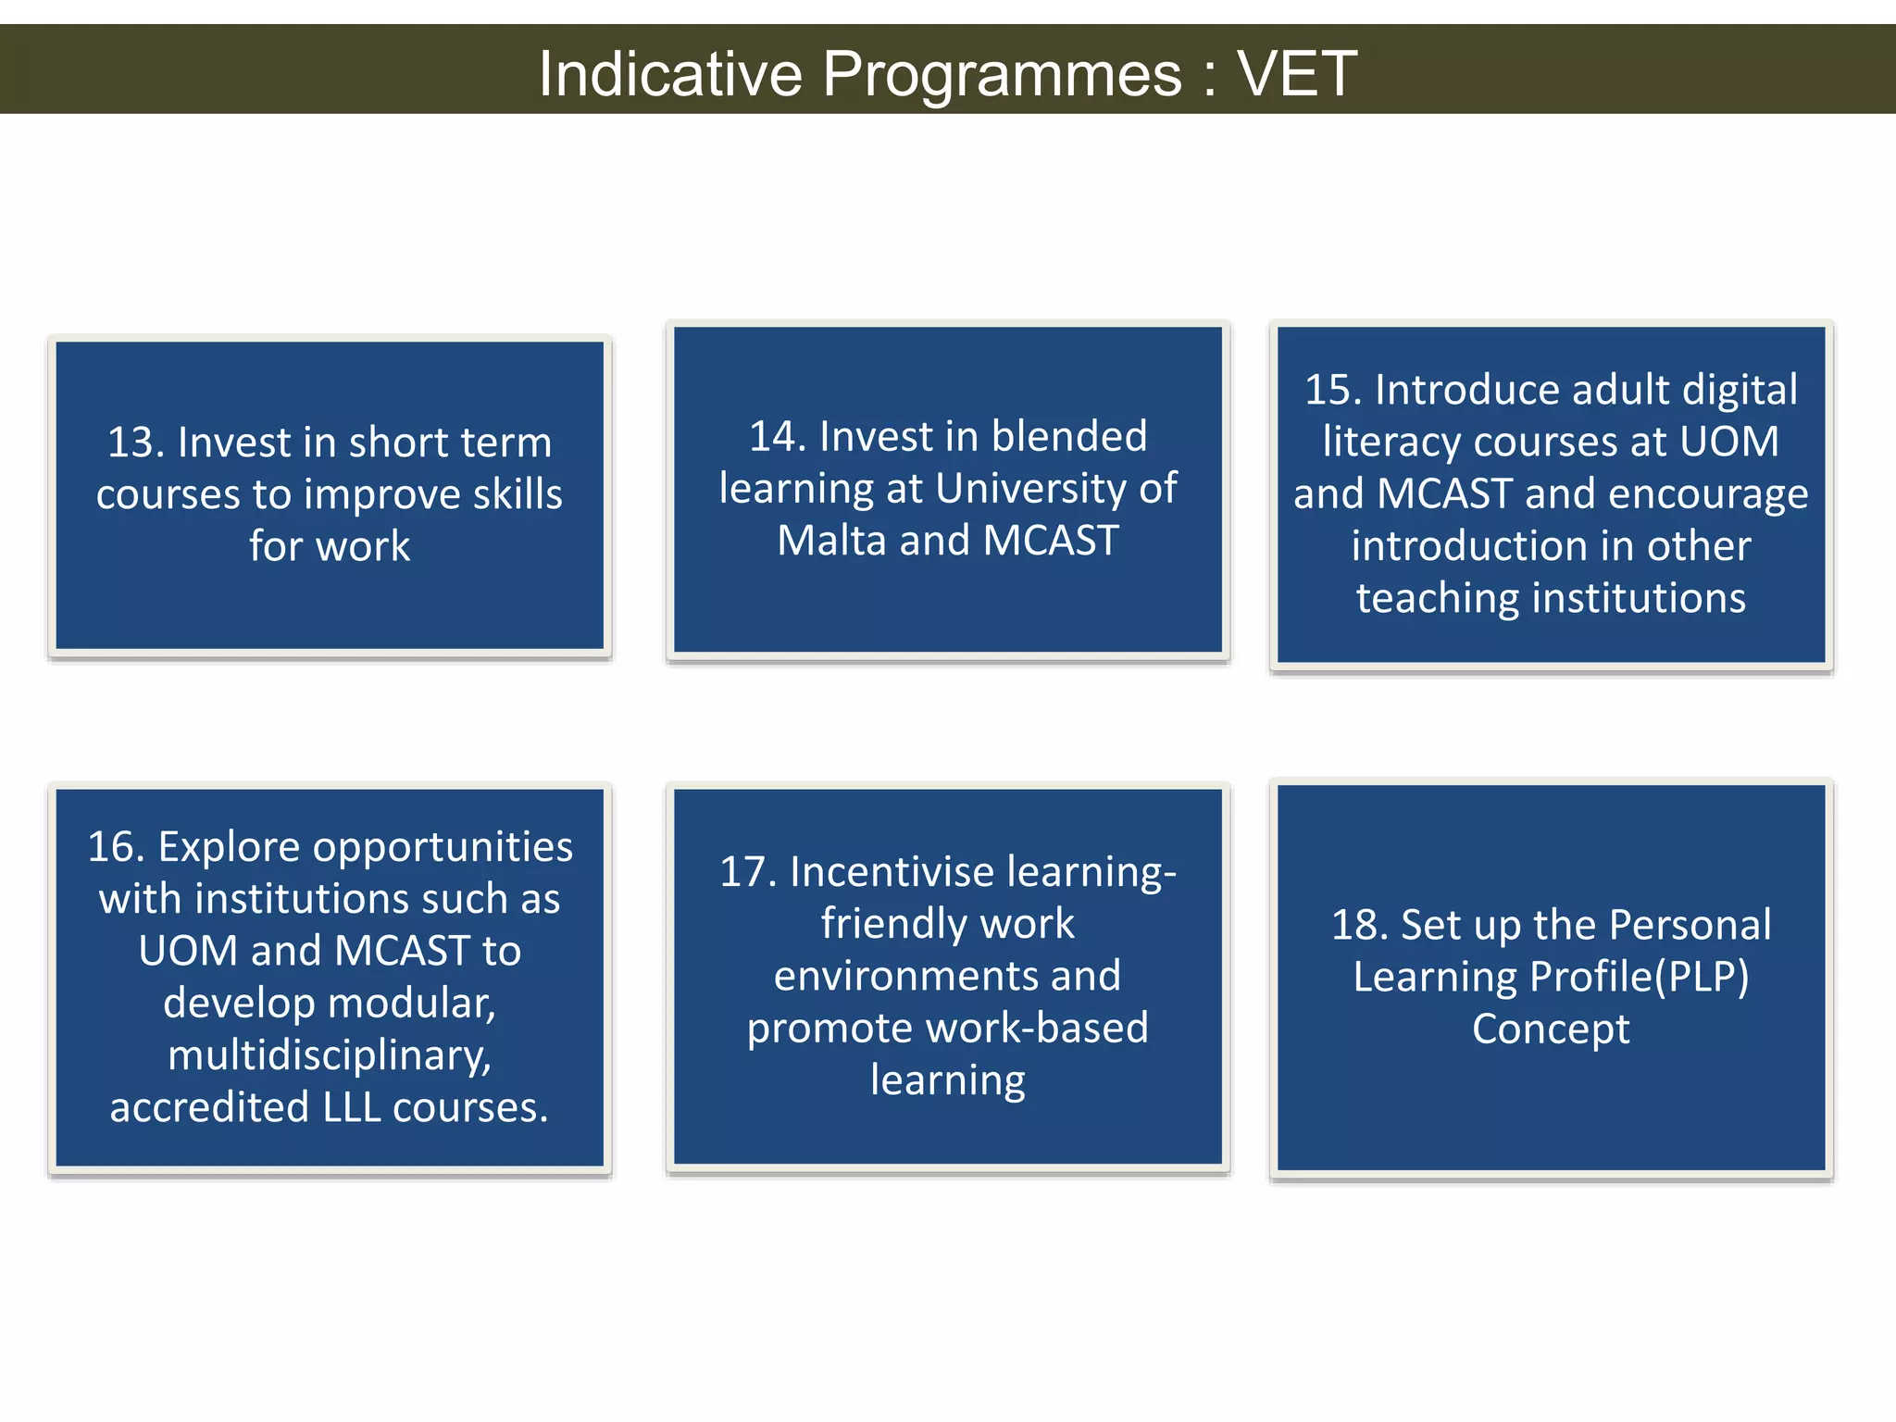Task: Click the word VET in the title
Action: pos(1297,73)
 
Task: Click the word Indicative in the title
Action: pos(670,73)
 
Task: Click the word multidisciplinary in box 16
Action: pos(329,1055)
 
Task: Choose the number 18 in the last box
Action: pos(1358,925)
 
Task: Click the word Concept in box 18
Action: pos(1551,1029)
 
